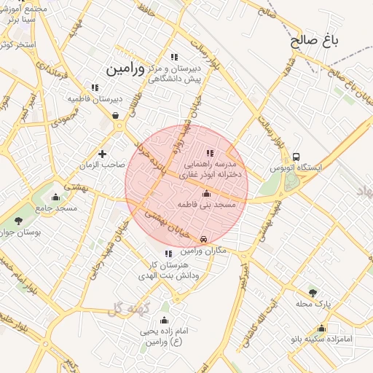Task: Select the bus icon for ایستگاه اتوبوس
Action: pos(297,157)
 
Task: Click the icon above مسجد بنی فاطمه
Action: pos(206,194)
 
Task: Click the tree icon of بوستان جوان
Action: pos(18,221)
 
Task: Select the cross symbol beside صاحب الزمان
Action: pos(102,154)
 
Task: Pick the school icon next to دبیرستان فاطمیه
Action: pos(95,87)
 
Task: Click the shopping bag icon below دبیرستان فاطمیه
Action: pos(117,116)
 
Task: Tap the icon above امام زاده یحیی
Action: pos(164,321)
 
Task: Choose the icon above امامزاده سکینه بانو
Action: pos(321,328)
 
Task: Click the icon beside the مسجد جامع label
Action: pos(55,197)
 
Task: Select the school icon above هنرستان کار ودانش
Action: pos(169,254)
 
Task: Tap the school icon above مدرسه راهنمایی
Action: pos(211,153)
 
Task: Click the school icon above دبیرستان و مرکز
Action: pos(173,57)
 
